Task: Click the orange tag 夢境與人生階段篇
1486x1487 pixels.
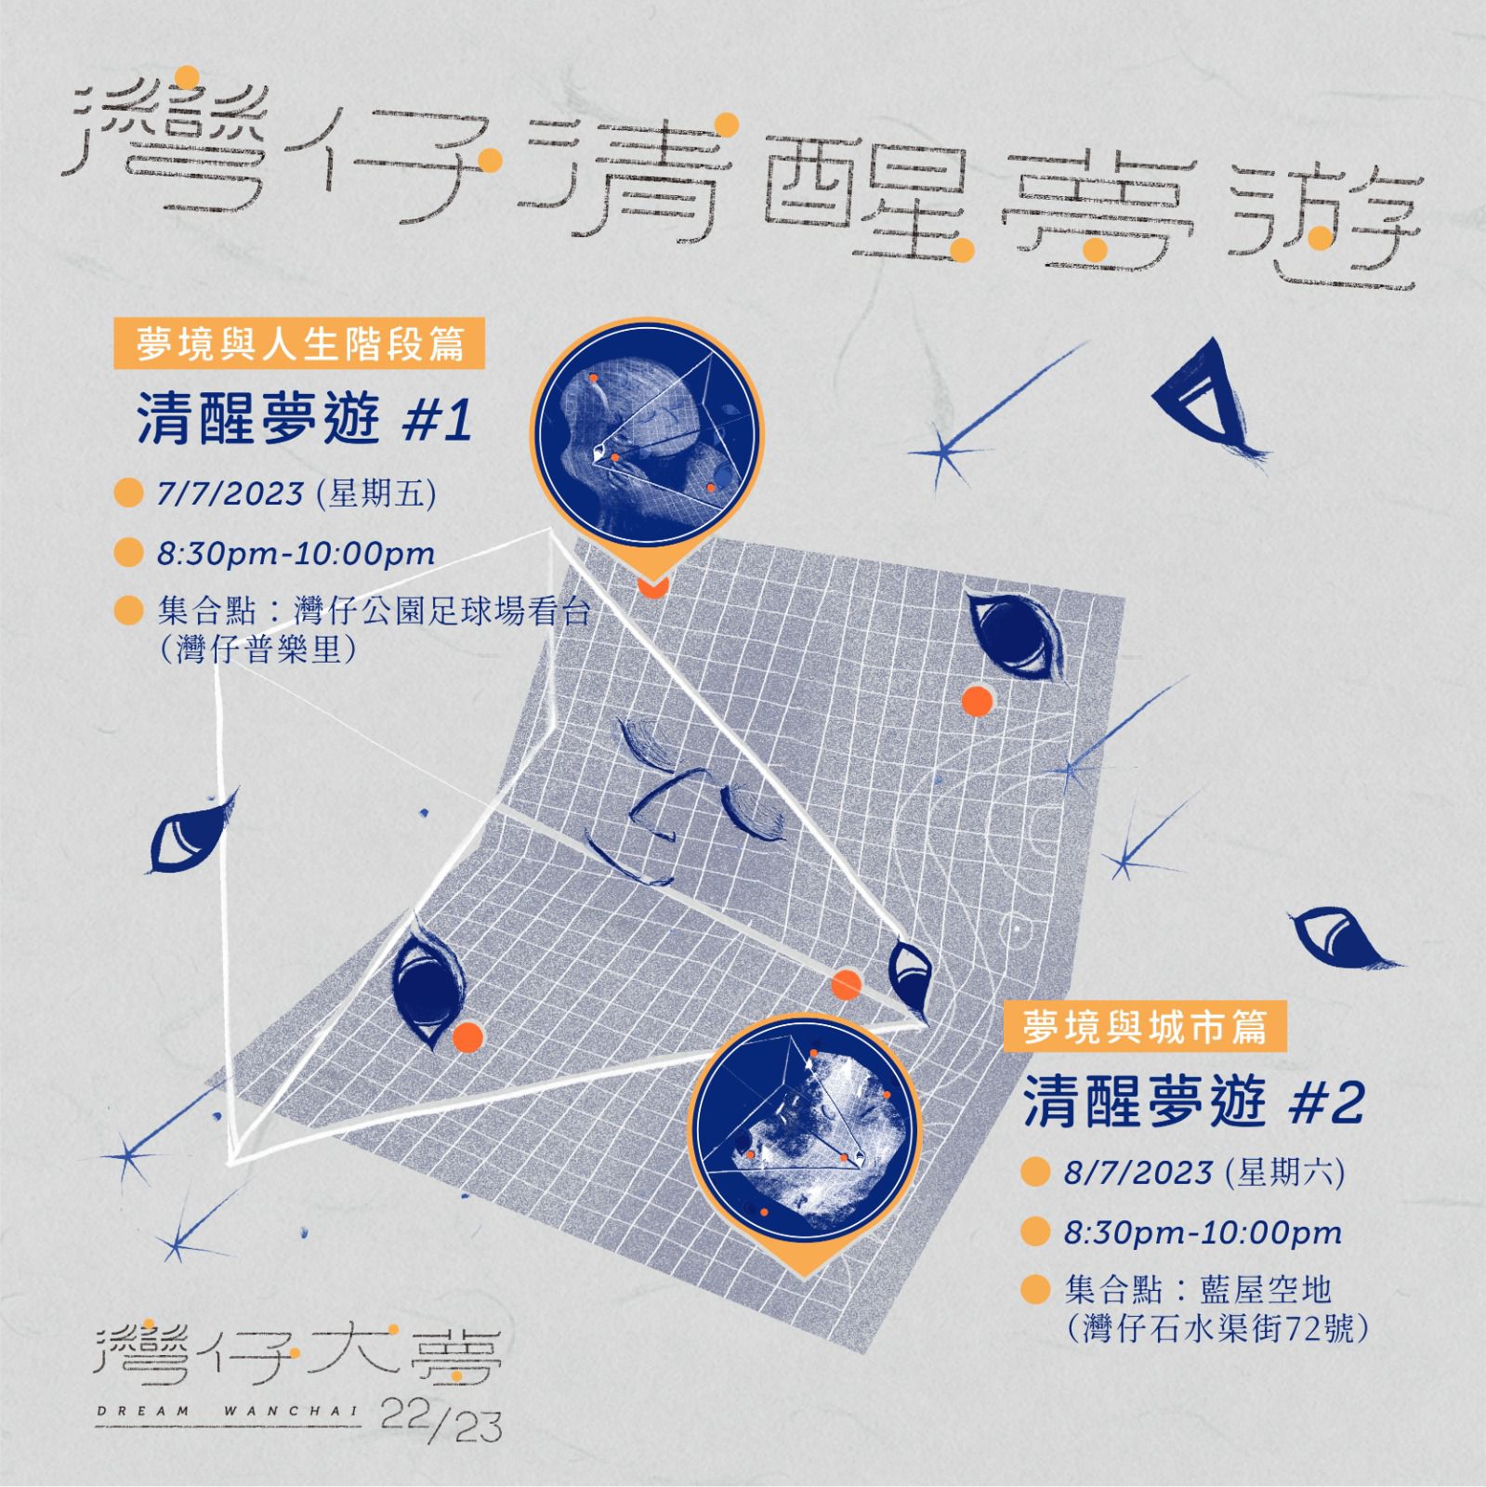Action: tap(300, 345)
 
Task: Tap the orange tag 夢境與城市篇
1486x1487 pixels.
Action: tap(1145, 1027)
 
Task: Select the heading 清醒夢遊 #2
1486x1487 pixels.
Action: tap(1193, 1103)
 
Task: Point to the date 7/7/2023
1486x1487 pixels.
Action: tap(230, 493)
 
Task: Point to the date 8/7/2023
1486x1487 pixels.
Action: tap(1138, 1173)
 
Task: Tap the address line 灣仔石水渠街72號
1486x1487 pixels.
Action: tap(1218, 1329)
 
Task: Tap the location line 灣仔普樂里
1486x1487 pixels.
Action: tap(258, 649)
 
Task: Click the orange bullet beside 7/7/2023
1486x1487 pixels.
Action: tap(127, 493)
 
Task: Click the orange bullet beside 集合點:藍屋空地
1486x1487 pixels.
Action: tap(1034, 1290)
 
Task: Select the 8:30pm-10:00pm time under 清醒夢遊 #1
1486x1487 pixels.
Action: tap(296, 554)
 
